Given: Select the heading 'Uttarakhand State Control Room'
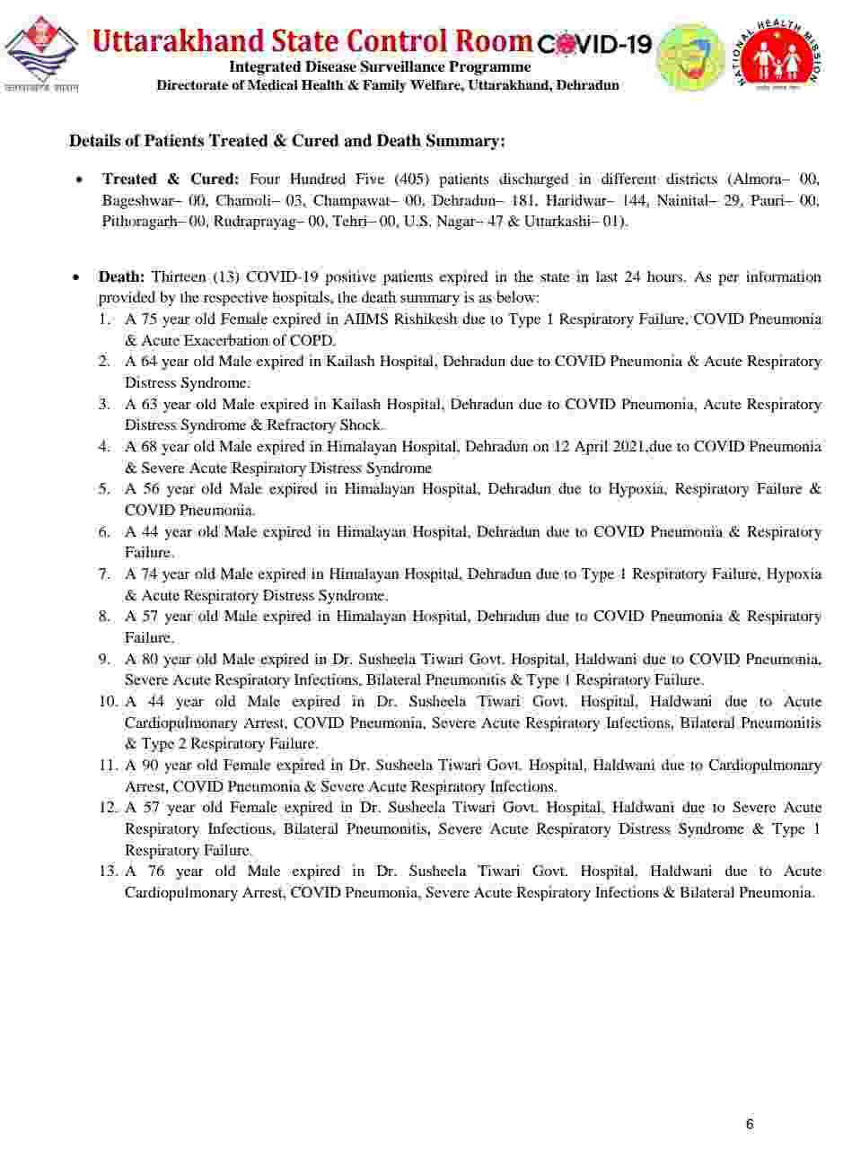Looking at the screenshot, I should click(312, 40).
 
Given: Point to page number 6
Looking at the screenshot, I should click(750, 1124).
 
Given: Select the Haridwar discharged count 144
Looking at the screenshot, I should click(635, 200).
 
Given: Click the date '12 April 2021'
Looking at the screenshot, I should click(591, 446).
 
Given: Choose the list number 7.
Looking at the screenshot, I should click(105, 574).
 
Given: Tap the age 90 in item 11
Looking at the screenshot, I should click(151, 766).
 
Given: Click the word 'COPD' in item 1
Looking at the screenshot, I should click(315, 340).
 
